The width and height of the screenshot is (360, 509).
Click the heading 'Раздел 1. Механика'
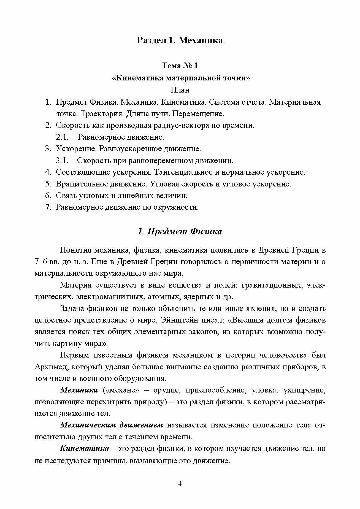tap(180, 40)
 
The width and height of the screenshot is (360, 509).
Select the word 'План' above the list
tap(180, 90)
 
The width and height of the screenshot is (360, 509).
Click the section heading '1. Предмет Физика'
tap(180, 231)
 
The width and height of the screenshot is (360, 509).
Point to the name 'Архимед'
tap(50, 367)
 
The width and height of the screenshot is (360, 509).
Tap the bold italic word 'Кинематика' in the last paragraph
tap(84, 448)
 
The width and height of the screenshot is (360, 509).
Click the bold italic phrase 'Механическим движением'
tap(112, 425)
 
